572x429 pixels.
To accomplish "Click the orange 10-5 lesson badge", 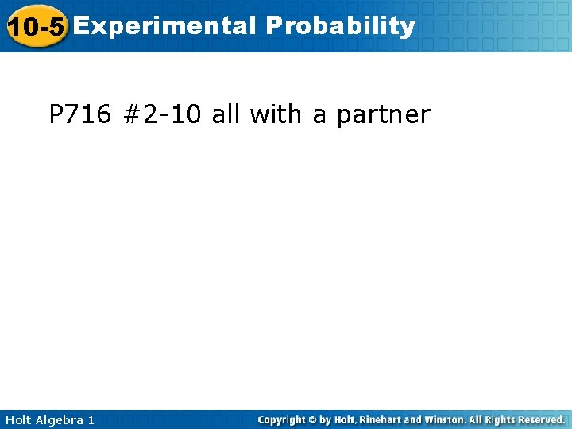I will pyautogui.click(x=35, y=27).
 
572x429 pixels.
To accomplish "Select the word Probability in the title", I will pyautogui.click(x=341, y=26).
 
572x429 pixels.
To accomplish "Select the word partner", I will pyautogui.click(x=383, y=116).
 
